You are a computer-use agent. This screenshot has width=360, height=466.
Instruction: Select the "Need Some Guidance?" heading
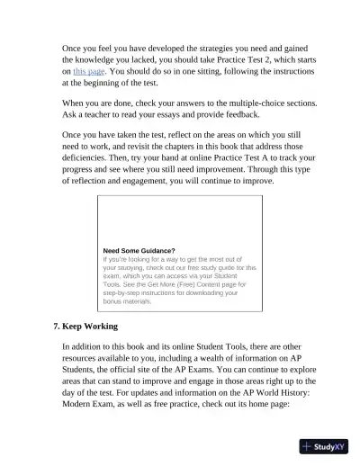pos(139,251)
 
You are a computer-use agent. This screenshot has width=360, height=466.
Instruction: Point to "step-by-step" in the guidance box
pos(127,292)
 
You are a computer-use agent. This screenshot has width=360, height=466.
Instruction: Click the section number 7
pos(57,326)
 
